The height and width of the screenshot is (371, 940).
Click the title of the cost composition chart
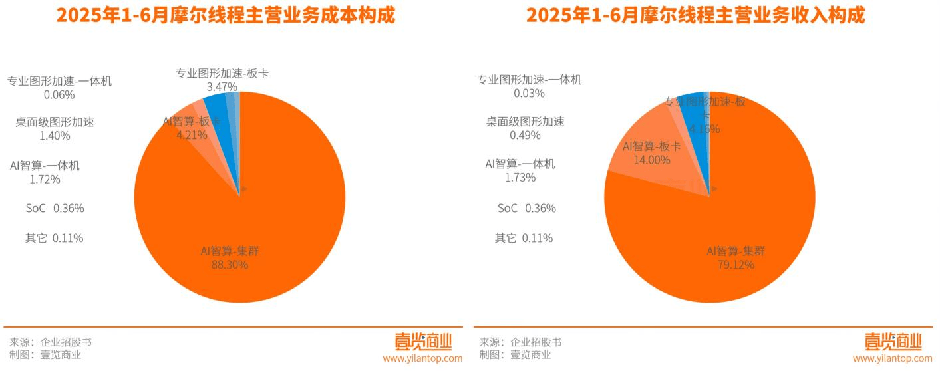226,15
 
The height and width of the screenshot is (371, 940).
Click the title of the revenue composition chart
696,15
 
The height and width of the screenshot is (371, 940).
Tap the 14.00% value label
651,160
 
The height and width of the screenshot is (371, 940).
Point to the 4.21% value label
192,135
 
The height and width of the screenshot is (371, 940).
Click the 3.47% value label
222,87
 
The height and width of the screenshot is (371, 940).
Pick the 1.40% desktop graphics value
55,136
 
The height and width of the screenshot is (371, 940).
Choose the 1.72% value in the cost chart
45,179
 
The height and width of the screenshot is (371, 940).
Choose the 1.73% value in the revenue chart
520,178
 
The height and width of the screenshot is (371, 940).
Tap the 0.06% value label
59,95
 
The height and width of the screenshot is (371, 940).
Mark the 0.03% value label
529,94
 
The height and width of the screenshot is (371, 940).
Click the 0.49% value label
525,136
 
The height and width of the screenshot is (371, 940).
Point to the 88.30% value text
230,265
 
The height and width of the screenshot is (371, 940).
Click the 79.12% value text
736,265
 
